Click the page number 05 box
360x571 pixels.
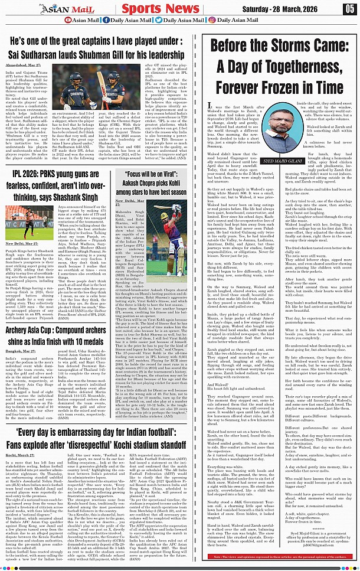tap(350, 8)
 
